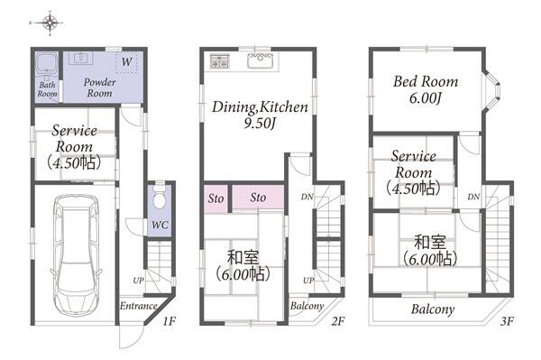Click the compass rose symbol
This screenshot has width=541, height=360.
[x=50, y=23]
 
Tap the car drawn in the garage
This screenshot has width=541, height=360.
[x=77, y=255]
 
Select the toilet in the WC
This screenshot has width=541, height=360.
[x=159, y=198]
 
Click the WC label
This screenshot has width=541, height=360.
[x=160, y=225]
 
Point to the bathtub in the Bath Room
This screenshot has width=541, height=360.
[x=47, y=65]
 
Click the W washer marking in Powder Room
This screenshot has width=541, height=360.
[x=126, y=62]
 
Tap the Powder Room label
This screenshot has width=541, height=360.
[x=99, y=88]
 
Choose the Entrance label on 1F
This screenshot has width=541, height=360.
[x=138, y=306]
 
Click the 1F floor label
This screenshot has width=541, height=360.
[x=169, y=321]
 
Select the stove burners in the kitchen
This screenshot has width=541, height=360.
[x=220, y=61]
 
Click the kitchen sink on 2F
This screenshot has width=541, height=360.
[x=261, y=60]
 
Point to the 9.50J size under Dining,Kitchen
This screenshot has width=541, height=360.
[x=260, y=124]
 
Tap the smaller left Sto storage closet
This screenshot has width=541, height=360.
[x=215, y=198]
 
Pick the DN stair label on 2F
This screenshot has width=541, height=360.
[x=307, y=197]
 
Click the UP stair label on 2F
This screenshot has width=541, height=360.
[x=308, y=281]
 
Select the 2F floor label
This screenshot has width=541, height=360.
[x=338, y=321]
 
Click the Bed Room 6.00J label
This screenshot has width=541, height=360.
[x=426, y=90]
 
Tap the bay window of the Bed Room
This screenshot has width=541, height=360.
[x=491, y=91]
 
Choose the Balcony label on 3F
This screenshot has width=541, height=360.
[x=432, y=309]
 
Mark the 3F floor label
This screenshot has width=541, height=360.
[x=507, y=321]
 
